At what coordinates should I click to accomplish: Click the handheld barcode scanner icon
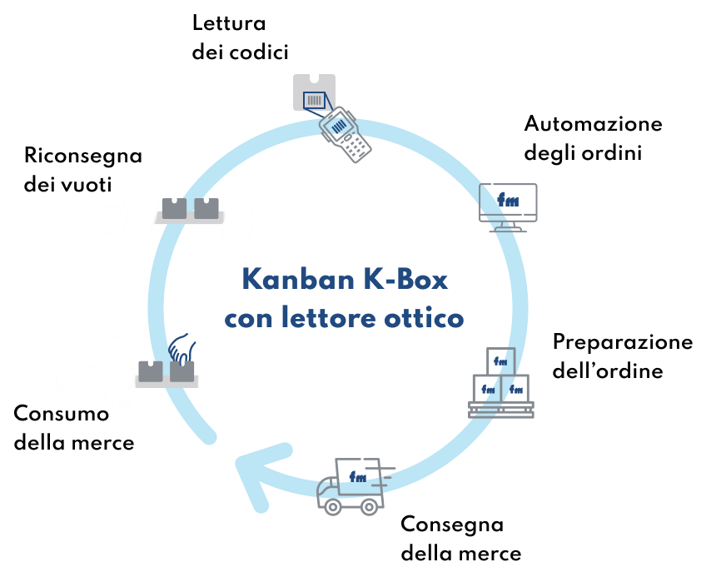345,134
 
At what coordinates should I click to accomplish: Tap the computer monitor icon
508,207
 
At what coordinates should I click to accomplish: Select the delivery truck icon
354,486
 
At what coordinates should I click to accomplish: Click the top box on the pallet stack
500,361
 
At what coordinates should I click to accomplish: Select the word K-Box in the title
405,280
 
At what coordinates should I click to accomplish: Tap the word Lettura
229,23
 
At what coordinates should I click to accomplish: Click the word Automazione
593,124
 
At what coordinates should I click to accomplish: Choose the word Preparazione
623,343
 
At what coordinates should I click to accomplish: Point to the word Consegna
452,525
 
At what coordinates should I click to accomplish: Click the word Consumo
62,414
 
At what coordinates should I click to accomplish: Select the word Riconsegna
83,157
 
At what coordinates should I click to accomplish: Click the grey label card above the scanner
314,92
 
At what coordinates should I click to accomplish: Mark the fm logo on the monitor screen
509,200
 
